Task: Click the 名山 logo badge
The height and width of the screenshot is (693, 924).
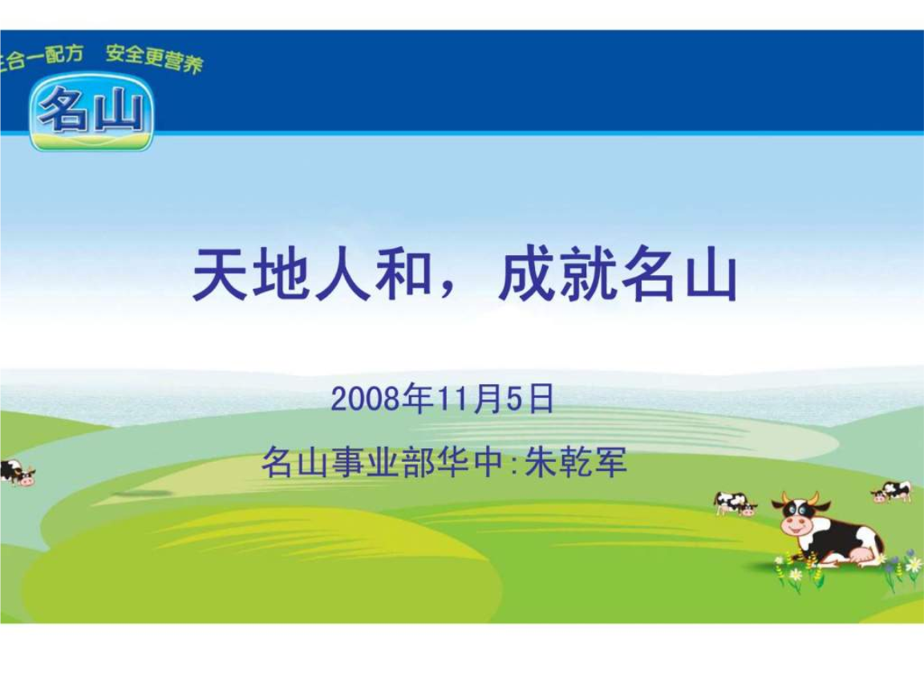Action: tap(91, 111)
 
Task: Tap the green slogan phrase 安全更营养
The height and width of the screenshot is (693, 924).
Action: tap(154, 59)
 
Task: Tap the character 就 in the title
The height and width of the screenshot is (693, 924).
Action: tap(588, 275)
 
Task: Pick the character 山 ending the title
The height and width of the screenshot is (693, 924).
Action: tap(711, 275)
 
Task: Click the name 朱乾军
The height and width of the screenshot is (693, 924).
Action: tap(575, 463)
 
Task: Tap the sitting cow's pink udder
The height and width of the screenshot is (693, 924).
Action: tap(857, 554)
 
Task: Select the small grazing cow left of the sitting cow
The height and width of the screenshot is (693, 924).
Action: tap(735, 503)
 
